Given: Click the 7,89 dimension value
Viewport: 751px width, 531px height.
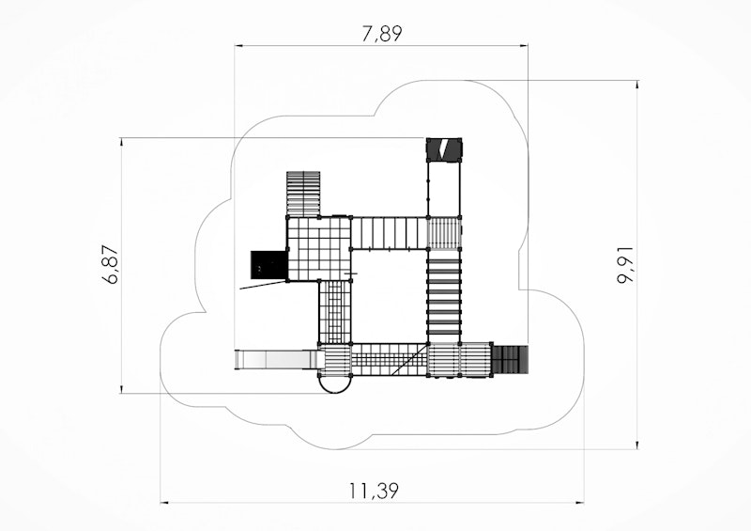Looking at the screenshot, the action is click(382, 34).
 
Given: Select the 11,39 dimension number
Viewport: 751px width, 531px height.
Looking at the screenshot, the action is click(374, 491).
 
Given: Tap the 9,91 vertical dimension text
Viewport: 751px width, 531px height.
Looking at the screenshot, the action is click(625, 265).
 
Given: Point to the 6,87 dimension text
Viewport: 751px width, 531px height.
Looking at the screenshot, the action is click(111, 265).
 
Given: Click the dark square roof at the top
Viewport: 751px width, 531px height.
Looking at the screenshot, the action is click(444, 149).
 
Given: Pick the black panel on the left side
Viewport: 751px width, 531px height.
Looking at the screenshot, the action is click(268, 264).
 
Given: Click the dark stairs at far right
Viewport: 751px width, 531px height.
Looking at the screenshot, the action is click(511, 359).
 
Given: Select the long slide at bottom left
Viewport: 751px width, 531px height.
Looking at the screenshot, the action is click(277, 360).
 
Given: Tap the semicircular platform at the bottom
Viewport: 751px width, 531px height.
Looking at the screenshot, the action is click(335, 384).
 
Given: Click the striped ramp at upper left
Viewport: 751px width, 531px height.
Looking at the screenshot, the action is click(303, 194).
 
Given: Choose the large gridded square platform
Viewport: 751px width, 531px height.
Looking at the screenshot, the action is click(318, 248).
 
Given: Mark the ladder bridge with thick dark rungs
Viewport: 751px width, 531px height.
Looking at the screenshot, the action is click(444, 297).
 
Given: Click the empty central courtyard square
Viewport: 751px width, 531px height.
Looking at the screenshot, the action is click(389, 296).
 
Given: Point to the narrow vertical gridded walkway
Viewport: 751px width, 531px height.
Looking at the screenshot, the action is click(335, 312).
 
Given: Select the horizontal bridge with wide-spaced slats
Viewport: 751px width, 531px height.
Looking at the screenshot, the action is click(389, 233).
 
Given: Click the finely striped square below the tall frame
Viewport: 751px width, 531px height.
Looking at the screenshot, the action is click(444, 233).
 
